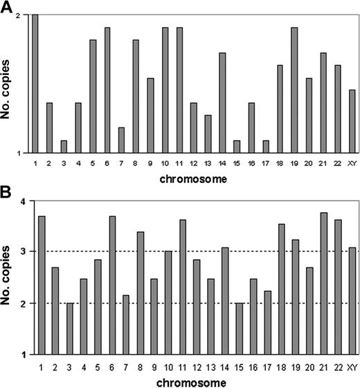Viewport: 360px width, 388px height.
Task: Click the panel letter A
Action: (x=6, y=7)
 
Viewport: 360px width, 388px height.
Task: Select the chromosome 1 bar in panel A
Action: (x=35, y=83)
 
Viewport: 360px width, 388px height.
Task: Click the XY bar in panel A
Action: (x=352, y=121)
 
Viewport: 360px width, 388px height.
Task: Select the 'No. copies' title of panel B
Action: (x=8, y=278)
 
